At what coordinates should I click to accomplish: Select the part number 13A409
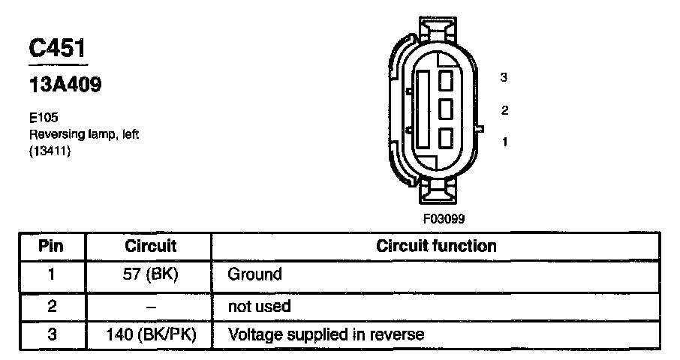(x=65, y=85)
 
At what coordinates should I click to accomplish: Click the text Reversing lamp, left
(x=84, y=134)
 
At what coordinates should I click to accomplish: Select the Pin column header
(x=51, y=246)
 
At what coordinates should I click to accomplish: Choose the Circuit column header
(x=150, y=246)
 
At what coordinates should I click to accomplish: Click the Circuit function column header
(x=436, y=246)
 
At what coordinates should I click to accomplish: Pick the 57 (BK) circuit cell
(x=150, y=274)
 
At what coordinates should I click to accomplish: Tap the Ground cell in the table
(x=254, y=274)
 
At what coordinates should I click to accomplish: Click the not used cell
(x=259, y=307)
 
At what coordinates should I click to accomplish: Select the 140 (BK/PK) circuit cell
(x=150, y=334)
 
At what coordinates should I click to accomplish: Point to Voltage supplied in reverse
(x=326, y=334)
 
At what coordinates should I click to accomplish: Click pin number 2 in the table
(x=51, y=307)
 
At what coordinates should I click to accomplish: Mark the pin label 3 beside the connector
(x=504, y=77)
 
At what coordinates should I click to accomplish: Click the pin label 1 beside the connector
(x=504, y=140)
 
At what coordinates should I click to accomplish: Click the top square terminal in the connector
(x=447, y=79)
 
